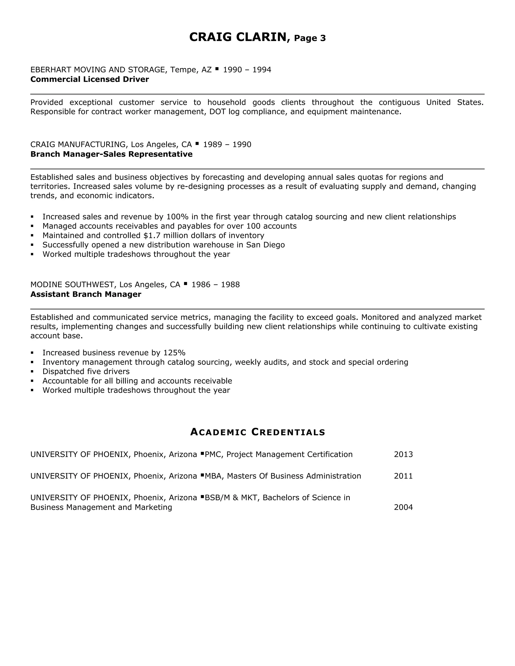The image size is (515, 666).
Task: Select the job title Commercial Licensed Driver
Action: click(x=90, y=79)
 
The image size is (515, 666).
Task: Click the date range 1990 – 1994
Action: click(x=247, y=70)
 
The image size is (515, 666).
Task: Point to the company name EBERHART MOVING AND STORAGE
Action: click(x=98, y=70)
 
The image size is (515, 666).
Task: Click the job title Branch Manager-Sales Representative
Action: click(x=111, y=154)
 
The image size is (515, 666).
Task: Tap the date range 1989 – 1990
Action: click(x=227, y=145)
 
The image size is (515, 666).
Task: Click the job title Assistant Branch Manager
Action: click(x=86, y=294)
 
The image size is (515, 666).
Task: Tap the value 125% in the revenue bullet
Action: click(x=174, y=353)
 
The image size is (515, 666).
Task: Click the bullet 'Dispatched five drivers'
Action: click(x=86, y=371)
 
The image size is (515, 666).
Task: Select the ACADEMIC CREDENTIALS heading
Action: click(x=257, y=432)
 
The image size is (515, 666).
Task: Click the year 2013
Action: click(x=403, y=454)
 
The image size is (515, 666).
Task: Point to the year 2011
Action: click(x=403, y=476)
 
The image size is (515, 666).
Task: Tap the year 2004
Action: click(x=403, y=507)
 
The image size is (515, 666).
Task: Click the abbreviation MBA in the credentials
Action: click(x=213, y=476)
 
